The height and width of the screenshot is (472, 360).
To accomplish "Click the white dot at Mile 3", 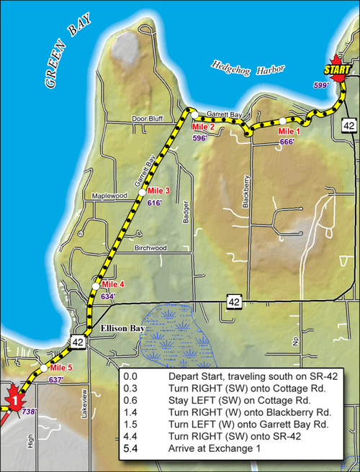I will (143, 191).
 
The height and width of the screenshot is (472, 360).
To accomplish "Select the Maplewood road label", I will (109, 196).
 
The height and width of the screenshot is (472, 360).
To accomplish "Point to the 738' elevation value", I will (29, 412).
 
